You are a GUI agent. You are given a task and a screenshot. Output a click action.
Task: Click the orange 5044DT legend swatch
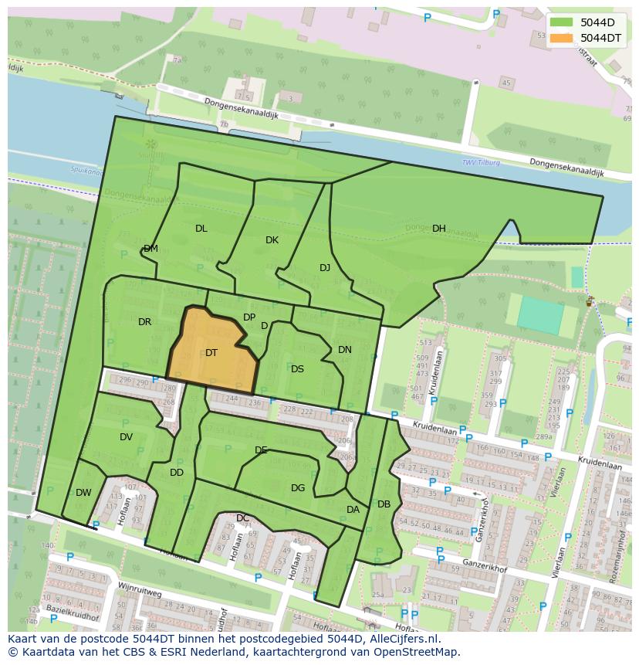(561, 38)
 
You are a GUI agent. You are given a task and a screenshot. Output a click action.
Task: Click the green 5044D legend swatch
(561, 22)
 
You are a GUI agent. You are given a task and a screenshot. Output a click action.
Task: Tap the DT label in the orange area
(211, 353)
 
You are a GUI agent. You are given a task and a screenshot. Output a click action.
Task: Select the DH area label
(439, 229)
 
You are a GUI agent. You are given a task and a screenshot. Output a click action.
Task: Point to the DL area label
(201, 229)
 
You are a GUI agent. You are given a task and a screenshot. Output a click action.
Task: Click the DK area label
(272, 240)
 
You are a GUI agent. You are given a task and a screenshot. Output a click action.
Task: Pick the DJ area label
(325, 268)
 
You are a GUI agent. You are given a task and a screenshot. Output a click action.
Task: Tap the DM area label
(150, 249)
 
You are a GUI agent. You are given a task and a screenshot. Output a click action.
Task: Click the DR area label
(144, 322)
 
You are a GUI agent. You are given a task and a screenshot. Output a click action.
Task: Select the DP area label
(249, 317)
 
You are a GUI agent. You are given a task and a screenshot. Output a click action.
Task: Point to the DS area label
(297, 369)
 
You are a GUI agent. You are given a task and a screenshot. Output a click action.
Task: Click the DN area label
(345, 350)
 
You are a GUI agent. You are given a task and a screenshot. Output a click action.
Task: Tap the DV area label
(127, 437)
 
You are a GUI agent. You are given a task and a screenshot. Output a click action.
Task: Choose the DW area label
(83, 493)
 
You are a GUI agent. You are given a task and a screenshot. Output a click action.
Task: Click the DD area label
(177, 473)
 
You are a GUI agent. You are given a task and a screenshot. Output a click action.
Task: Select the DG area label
(298, 488)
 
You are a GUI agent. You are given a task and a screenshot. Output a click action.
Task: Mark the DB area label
(384, 504)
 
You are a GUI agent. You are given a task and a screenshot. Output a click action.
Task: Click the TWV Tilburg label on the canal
(481, 162)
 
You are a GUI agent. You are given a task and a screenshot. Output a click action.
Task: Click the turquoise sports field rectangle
(540, 315)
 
